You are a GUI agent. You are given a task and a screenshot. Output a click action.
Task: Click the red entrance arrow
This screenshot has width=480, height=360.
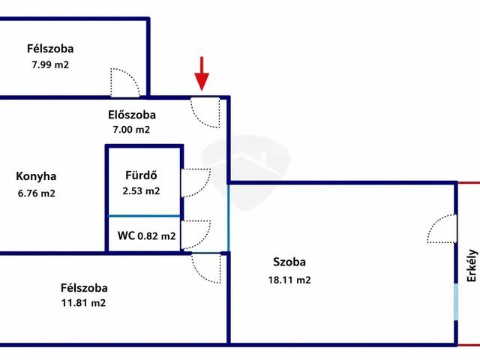pyautogui.click(x=202, y=73)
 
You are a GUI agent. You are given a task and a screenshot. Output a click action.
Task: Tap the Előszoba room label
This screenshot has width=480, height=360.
pyautogui.click(x=132, y=115)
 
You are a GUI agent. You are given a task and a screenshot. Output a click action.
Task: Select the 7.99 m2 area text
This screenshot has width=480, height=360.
pyautogui.click(x=50, y=65)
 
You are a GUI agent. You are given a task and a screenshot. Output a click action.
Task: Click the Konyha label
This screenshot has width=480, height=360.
pyautogui.click(x=36, y=176)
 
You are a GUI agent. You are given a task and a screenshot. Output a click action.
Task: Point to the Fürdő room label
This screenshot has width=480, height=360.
pyautogui.click(x=141, y=175)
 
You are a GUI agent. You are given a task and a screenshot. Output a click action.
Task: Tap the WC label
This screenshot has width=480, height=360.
pyautogui.click(x=126, y=235)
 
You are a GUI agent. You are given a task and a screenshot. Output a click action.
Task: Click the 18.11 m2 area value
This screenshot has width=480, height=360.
pyautogui.click(x=289, y=280)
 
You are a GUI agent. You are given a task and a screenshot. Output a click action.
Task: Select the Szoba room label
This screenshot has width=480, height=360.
pyautogui.click(x=289, y=262)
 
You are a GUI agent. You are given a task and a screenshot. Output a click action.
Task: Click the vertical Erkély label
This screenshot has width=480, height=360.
pyautogui.click(x=472, y=265)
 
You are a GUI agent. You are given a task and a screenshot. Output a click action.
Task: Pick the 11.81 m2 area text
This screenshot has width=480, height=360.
pyautogui.click(x=83, y=303)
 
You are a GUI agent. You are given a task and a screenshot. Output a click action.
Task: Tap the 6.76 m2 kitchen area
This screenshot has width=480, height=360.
pyautogui.click(x=37, y=193)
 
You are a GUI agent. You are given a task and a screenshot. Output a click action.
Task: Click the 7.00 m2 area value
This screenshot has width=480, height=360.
pyautogui.click(x=131, y=130)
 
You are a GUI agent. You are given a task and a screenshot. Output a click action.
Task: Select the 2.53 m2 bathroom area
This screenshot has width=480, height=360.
pyautogui.click(x=141, y=191)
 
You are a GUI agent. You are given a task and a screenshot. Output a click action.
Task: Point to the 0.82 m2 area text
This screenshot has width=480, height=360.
pyautogui.click(x=157, y=236)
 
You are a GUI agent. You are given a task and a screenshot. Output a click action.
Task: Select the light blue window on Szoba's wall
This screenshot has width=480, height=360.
pyautogui.click(x=456, y=302)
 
